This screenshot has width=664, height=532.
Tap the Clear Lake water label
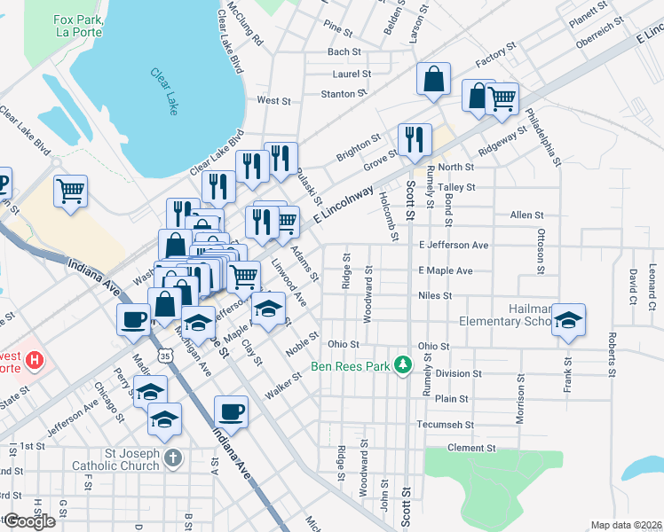(164, 91)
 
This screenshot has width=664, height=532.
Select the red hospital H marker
(34, 360)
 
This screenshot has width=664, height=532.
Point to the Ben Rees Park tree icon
(404, 364)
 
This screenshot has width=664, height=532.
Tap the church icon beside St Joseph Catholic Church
(173, 458)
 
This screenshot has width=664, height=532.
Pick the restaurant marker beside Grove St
(414, 139)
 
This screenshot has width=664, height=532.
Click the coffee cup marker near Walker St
(231, 411)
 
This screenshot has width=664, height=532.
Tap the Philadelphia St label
(543, 137)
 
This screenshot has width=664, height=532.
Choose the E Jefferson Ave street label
(453, 245)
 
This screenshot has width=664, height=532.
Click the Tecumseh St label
(445, 424)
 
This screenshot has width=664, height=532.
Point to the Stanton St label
(344, 93)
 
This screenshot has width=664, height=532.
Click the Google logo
(28, 521)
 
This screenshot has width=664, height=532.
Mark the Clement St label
(470, 449)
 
